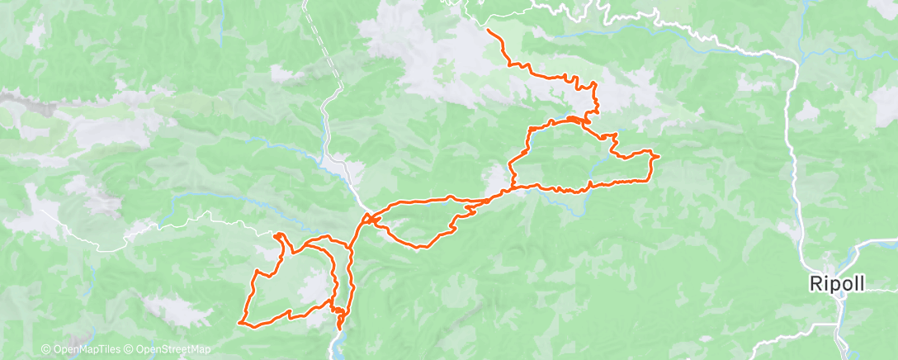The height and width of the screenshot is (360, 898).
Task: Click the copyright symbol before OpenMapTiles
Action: pos(45,350)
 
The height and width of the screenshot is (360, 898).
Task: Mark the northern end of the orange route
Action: pos(489,31)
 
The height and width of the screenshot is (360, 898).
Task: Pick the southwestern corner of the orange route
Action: pos(239,321)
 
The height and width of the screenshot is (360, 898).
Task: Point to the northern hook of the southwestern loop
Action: pos(279,236)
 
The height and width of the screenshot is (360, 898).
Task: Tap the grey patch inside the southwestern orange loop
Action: pos(312,289)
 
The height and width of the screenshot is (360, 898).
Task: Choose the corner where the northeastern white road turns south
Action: pos(793,59)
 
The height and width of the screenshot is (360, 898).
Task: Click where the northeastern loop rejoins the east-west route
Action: pos(513,188)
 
